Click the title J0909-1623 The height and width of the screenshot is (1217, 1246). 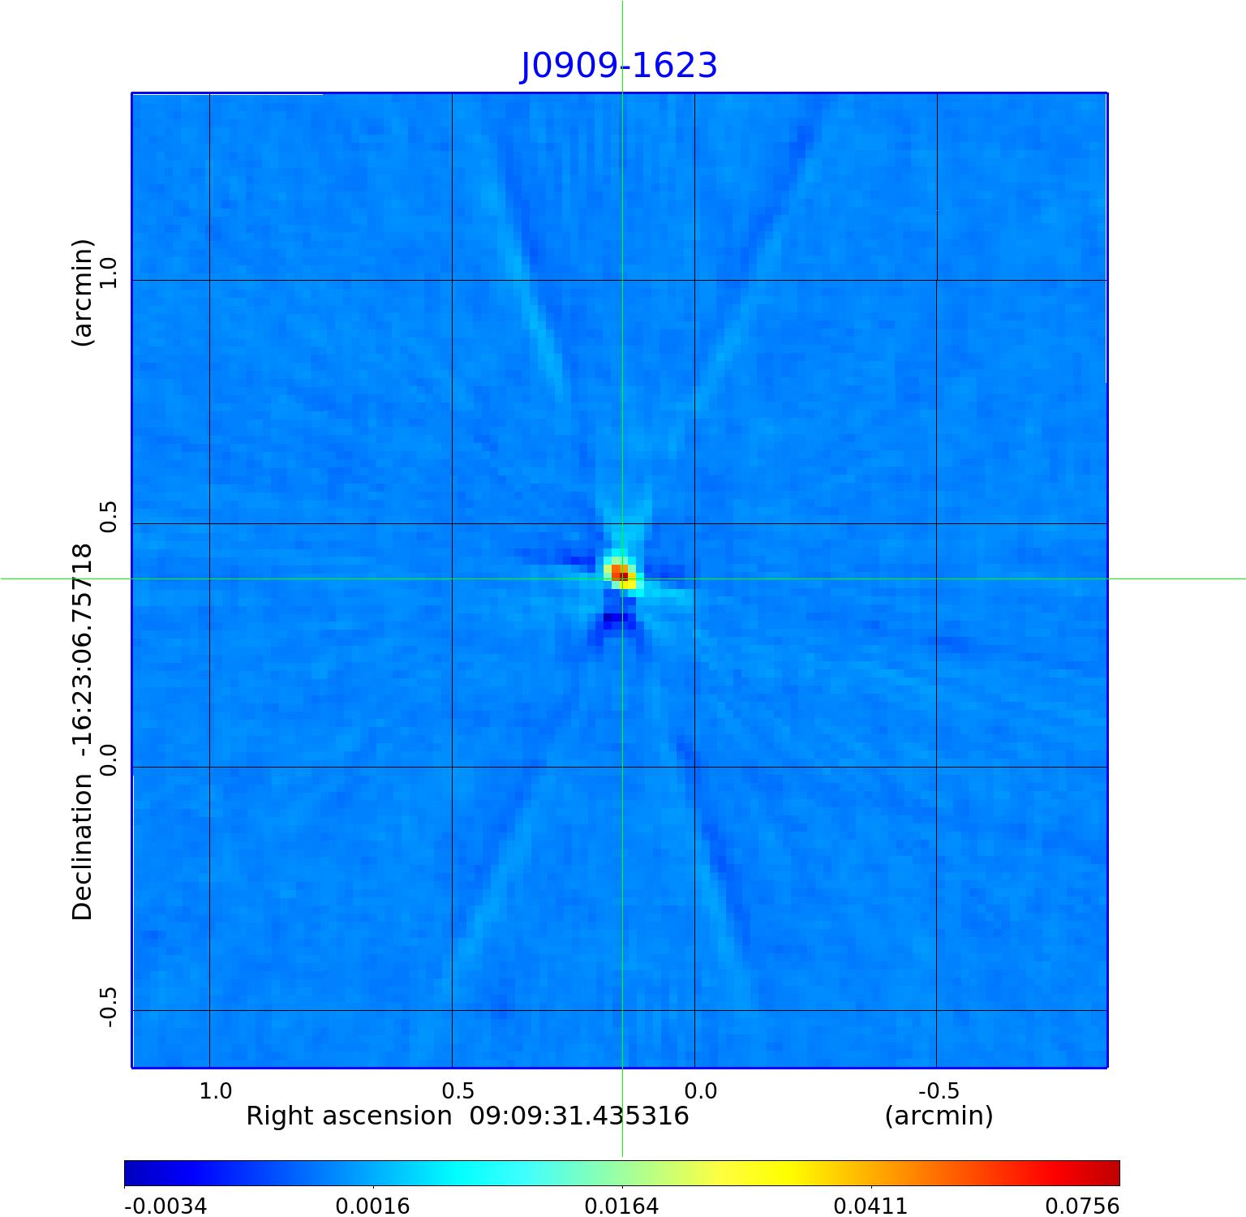(x=618, y=66)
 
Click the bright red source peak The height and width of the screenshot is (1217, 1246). (x=621, y=574)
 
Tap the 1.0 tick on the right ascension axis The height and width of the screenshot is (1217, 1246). (x=216, y=1090)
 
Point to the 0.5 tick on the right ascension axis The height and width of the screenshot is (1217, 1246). (x=458, y=1090)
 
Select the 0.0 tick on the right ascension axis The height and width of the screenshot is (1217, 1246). (x=701, y=1090)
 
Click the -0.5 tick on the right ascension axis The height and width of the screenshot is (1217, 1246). (x=939, y=1090)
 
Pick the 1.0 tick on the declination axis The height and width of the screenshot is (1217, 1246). (x=108, y=273)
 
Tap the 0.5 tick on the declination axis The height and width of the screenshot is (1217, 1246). (x=108, y=517)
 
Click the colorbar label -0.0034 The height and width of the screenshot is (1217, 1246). (x=165, y=1206)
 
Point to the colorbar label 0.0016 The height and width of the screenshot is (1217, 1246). (x=372, y=1206)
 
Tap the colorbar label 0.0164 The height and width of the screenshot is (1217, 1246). (x=621, y=1206)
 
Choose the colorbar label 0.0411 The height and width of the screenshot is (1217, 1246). (x=870, y=1206)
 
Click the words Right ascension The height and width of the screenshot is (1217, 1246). (x=349, y=1116)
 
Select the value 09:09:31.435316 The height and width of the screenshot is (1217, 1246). (x=579, y=1116)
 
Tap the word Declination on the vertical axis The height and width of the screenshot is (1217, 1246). (x=84, y=848)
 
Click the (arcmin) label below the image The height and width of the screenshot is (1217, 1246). (x=939, y=1116)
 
